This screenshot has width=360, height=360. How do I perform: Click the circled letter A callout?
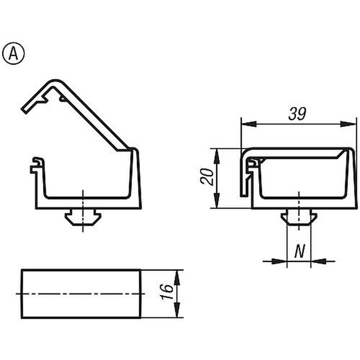(13, 54)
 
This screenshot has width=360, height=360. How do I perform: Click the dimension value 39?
(297, 114)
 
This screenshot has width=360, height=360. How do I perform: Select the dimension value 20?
(207, 176)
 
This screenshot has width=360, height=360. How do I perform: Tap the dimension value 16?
(167, 292)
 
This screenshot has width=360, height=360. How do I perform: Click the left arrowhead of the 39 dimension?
(249, 124)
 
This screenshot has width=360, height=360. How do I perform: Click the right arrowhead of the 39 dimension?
(348, 124)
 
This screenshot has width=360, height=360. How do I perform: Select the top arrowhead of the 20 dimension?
(217, 156)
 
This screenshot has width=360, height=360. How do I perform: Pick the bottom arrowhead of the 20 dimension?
(217, 201)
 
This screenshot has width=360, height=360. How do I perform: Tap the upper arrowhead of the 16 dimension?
(176, 278)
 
